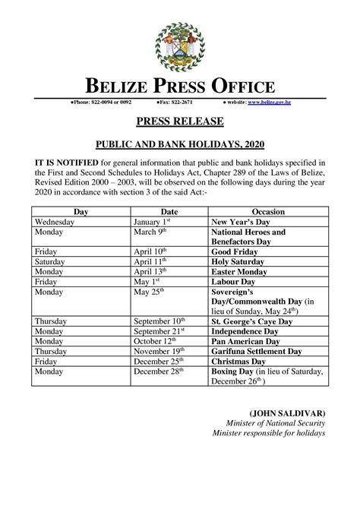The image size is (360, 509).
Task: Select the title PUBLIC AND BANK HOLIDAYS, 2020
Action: coord(180,142)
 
